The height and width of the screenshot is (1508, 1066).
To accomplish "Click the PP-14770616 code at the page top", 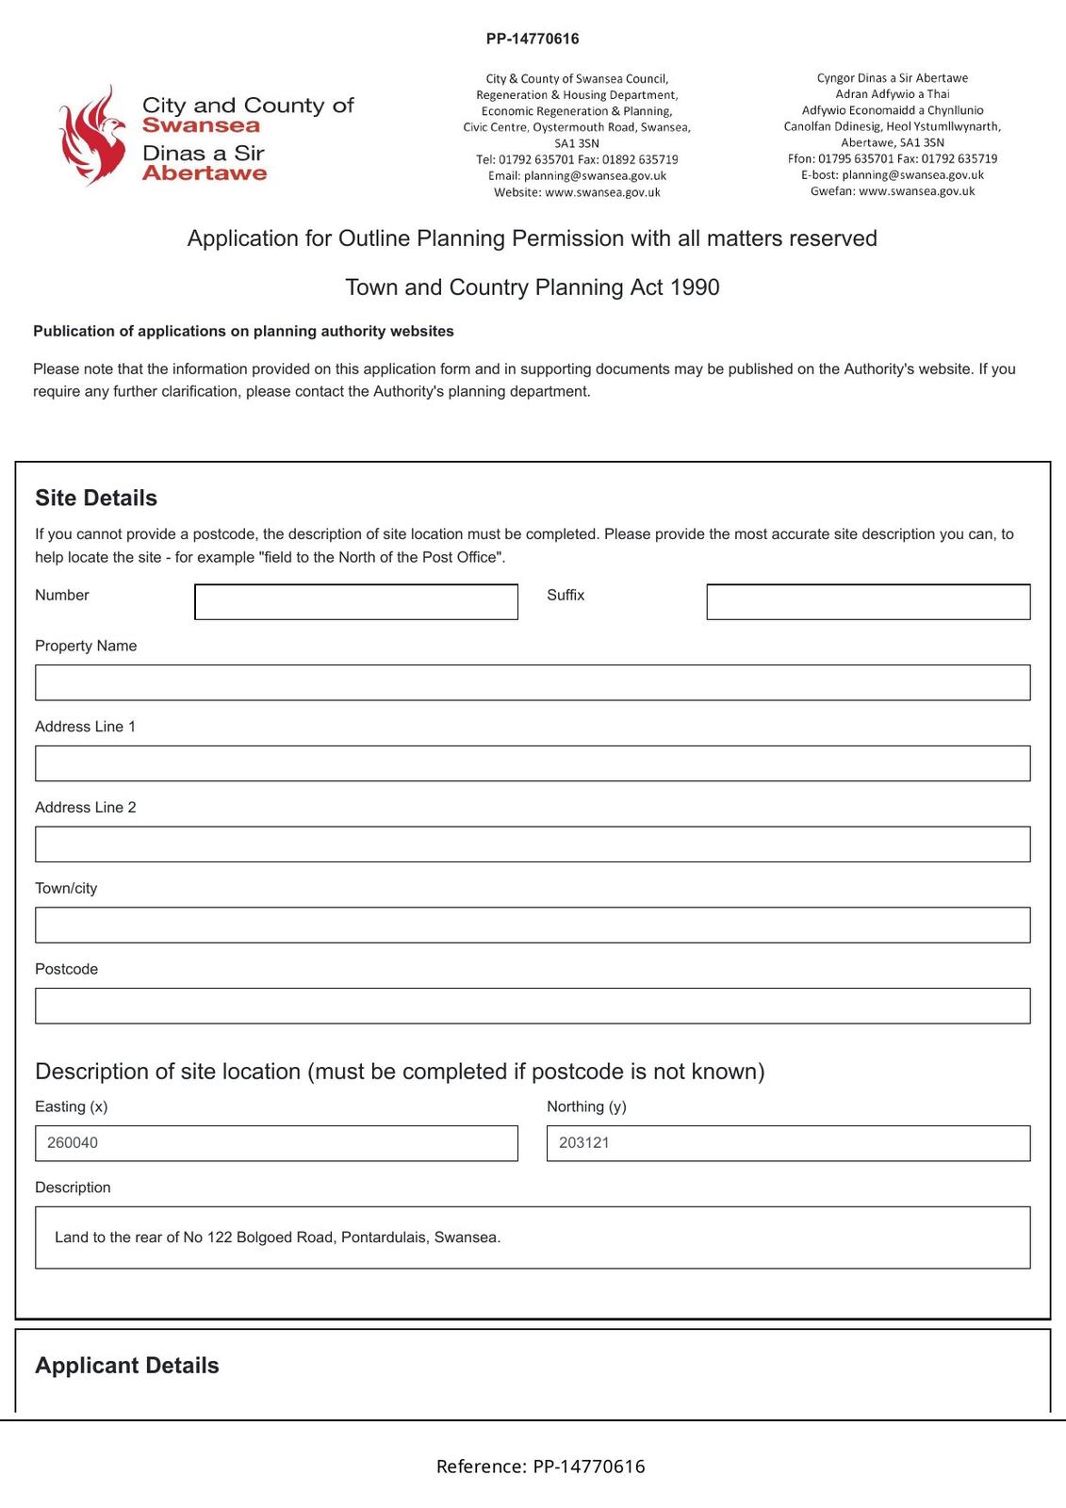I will click(533, 39).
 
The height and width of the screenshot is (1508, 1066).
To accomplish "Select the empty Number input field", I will click(355, 601).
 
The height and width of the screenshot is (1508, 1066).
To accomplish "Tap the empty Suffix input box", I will click(867, 601).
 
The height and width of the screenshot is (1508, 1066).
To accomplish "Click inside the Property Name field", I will click(532, 682).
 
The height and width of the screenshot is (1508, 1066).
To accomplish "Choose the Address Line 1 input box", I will click(532, 763).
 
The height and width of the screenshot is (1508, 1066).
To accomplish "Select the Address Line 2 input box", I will click(532, 844).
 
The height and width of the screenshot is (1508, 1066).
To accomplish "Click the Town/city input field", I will click(532, 925).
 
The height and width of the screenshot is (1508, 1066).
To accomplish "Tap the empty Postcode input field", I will click(532, 1006).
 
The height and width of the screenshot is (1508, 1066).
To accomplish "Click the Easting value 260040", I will click(73, 1142).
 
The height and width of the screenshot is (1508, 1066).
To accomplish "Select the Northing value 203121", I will click(583, 1142).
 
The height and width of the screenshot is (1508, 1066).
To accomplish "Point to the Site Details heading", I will click(96, 498).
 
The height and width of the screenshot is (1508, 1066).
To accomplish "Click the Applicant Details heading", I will click(126, 1366).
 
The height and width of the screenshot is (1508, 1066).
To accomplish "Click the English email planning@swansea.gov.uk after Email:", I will click(595, 176).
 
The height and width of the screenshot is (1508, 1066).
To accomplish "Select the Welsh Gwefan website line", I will click(892, 191).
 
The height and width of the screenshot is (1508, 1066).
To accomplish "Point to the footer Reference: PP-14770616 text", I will click(540, 1467).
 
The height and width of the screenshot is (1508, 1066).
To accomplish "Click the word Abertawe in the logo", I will click(205, 173).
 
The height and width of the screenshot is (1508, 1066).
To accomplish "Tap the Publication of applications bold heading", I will click(243, 331).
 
